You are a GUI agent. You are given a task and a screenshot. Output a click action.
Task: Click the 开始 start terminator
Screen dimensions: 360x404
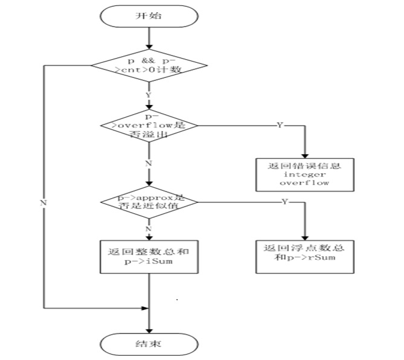click(x=148, y=16)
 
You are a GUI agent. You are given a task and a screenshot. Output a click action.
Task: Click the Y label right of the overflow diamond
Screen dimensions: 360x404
click(x=280, y=124)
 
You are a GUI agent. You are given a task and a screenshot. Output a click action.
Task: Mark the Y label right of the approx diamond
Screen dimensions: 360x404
click(x=284, y=201)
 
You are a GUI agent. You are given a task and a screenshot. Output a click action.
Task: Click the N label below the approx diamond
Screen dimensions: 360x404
click(x=149, y=229)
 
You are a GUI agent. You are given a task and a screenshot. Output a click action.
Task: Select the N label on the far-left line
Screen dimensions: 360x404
click(x=43, y=203)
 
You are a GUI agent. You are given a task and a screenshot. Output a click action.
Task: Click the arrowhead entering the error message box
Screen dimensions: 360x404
click(x=304, y=155)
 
